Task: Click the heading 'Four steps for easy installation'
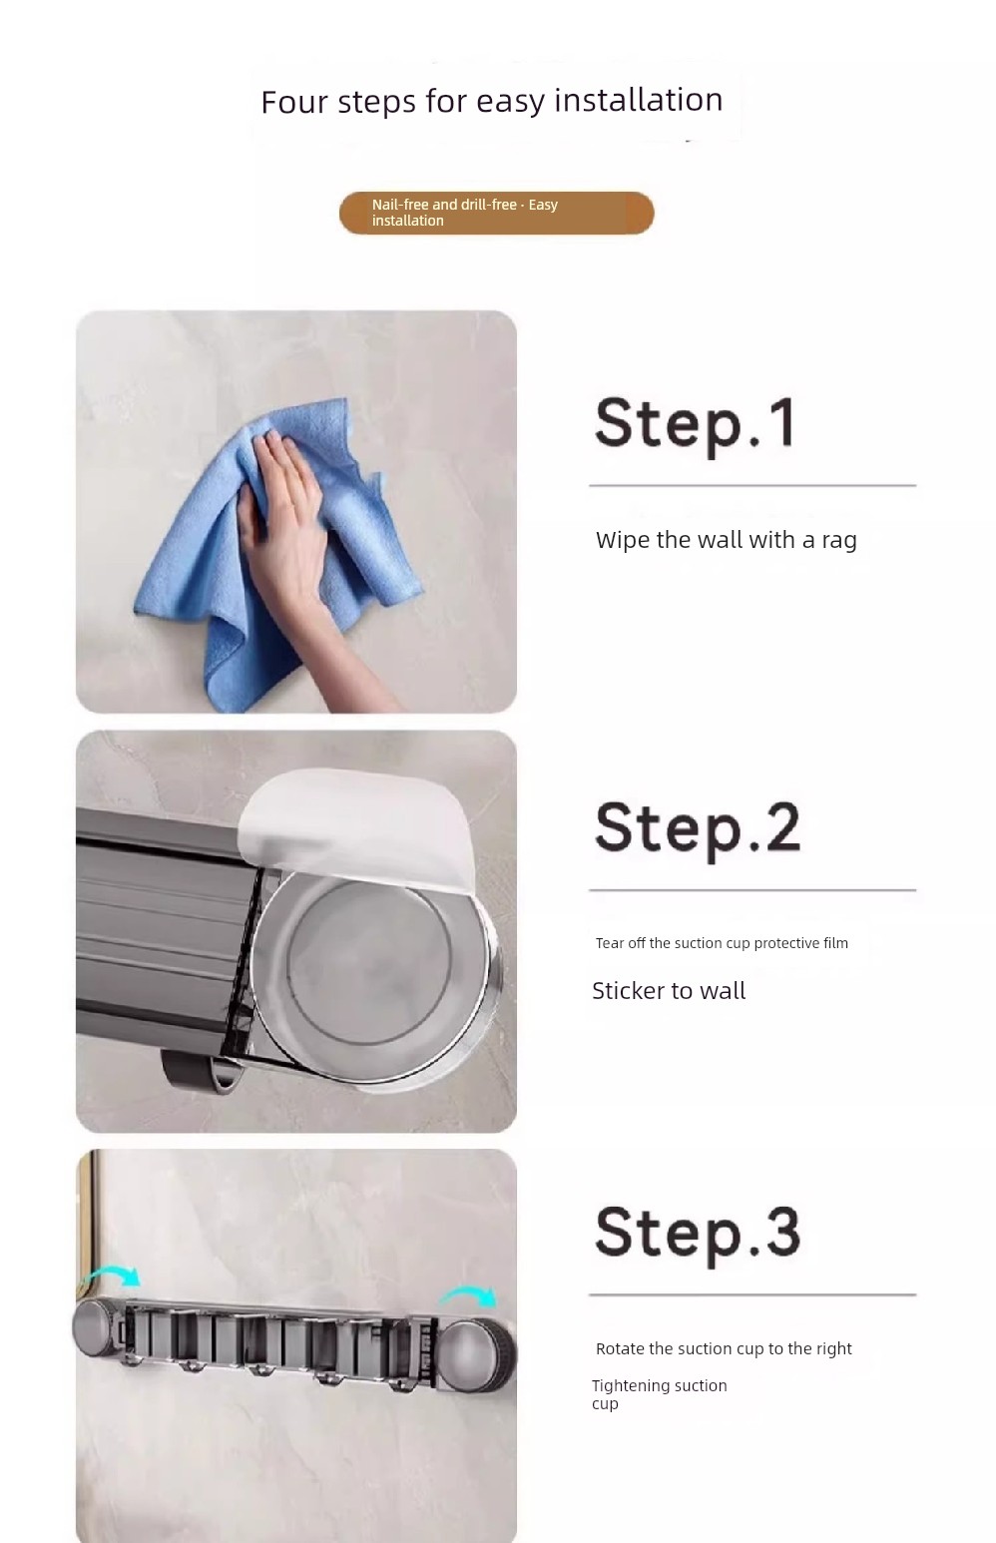[x=492, y=101]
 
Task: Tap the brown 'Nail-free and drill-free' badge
[x=496, y=213]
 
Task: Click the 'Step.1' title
[x=696, y=424]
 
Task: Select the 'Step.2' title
[x=697, y=829]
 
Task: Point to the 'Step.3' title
[x=697, y=1235]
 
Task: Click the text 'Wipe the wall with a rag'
[x=726, y=541]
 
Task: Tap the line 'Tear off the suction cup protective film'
[x=722, y=943]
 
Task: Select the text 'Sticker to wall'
[x=669, y=990]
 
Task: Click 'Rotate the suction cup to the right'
[x=724, y=1348]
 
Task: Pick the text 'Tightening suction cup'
[x=660, y=1394]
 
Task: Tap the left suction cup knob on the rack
[x=97, y=1328]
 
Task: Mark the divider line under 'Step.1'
[x=752, y=486]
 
